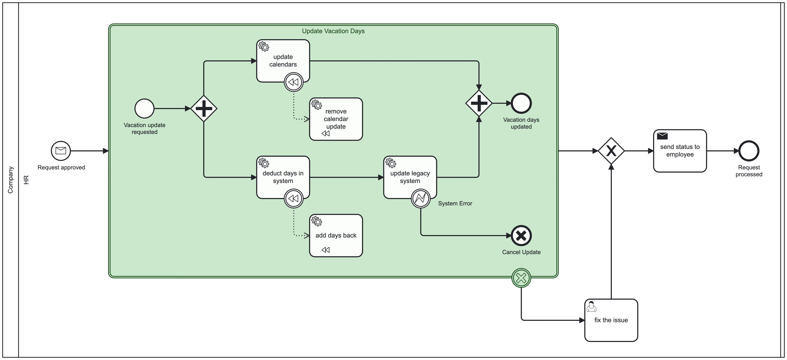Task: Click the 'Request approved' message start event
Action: point(61,151)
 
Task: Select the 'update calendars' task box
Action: point(283,61)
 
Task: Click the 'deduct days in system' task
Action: point(283,177)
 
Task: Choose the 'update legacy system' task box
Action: point(410,177)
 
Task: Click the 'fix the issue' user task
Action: point(611,320)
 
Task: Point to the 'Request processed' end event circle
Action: point(749,151)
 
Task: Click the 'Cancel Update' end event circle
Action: point(521,235)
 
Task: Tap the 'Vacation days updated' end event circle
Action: point(521,103)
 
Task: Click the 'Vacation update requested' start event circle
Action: point(144,109)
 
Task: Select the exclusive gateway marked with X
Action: point(611,151)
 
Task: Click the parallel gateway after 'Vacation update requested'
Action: point(204,109)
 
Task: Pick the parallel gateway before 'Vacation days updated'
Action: point(479,103)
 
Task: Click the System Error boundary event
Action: point(421,198)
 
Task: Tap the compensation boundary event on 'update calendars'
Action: point(294,82)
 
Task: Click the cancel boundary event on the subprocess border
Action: point(521,278)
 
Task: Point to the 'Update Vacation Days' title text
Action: point(333,31)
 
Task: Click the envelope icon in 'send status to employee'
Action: point(662,136)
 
